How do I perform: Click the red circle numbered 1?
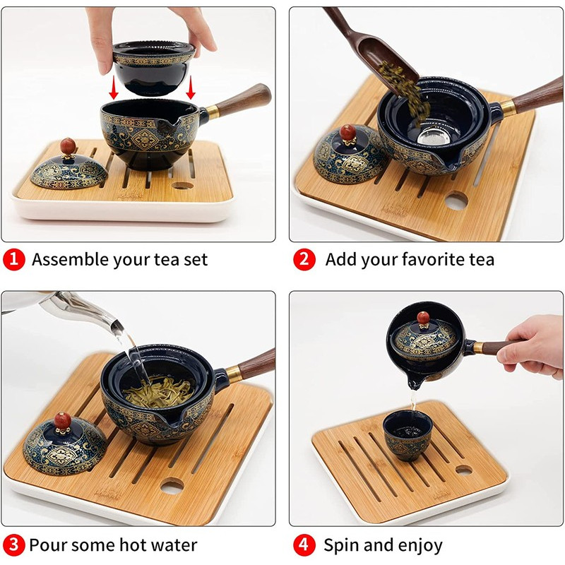coord(13,259)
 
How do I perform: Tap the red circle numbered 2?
coord(304,259)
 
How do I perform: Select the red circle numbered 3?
coord(13,545)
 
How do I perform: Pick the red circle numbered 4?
coord(304,545)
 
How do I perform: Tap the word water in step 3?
coord(174,545)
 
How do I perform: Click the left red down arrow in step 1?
coord(114,88)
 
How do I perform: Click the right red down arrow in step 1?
coord(191,88)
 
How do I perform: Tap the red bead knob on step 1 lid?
coord(68,146)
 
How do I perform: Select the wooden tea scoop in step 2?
coord(371,47)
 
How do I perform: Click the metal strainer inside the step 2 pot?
coord(434,136)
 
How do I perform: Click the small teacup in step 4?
coord(408,436)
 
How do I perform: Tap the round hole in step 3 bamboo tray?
coord(172,487)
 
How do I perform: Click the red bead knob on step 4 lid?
coord(423,319)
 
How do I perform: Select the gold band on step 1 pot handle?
coord(213,112)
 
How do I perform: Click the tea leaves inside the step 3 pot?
coord(158,392)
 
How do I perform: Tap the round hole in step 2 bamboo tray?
coord(456,201)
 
